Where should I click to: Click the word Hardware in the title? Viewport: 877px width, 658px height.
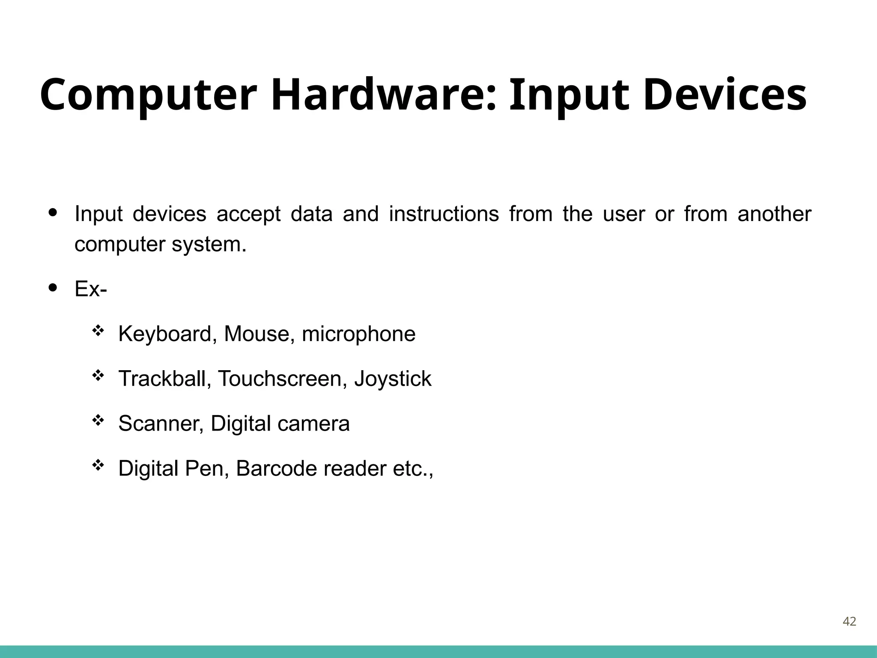pyautogui.click(x=383, y=95)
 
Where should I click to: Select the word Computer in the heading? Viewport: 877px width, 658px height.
pyautogui.click(x=148, y=95)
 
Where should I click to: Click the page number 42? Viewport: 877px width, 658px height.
pyautogui.click(x=849, y=621)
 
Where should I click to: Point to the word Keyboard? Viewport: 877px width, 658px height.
pyautogui.click(x=165, y=334)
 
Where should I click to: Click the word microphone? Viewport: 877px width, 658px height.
pyautogui.click(x=358, y=334)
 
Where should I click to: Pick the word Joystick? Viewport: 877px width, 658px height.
pyautogui.click(x=393, y=379)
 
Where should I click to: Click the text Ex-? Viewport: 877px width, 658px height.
pyautogui.click(x=91, y=289)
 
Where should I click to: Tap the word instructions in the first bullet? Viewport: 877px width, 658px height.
pyautogui.click(x=444, y=214)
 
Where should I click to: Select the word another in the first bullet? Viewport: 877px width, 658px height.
pyautogui.click(x=774, y=214)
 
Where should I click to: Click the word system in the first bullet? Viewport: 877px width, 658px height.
pyautogui.click(x=209, y=245)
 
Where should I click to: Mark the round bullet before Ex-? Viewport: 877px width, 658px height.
pyautogui.click(x=53, y=287)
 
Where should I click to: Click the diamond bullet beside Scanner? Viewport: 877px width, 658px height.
pyautogui.click(x=98, y=421)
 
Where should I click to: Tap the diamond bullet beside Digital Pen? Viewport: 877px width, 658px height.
pyautogui.click(x=98, y=465)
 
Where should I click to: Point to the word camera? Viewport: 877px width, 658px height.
pyautogui.click(x=313, y=424)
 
